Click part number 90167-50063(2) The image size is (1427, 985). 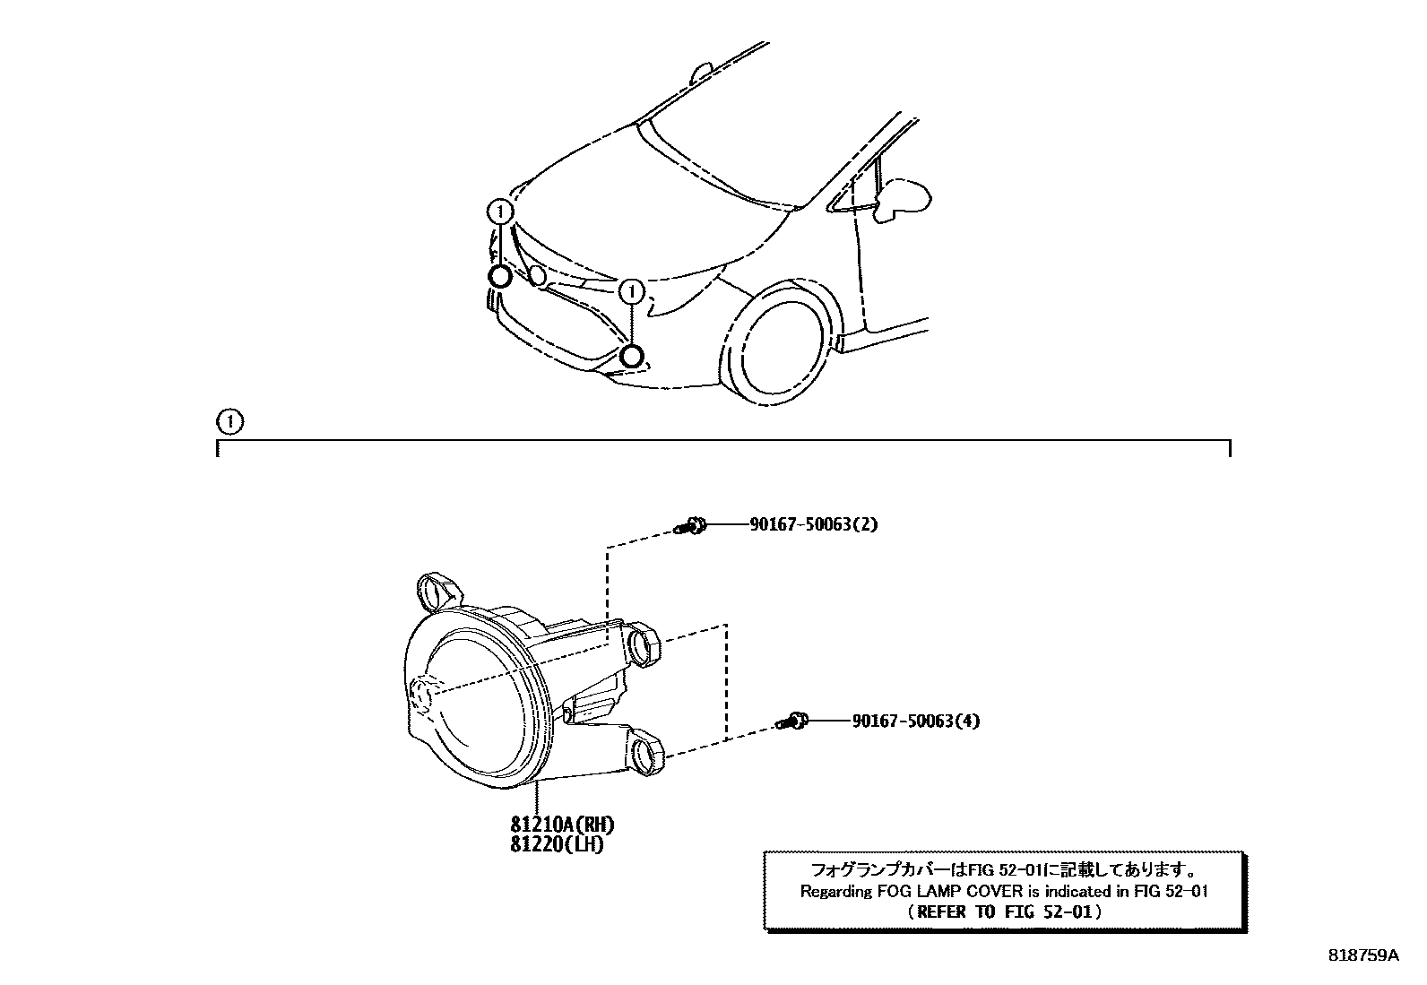click(x=813, y=524)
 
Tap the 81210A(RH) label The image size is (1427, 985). click(x=562, y=825)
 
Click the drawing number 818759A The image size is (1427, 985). click(x=1362, y=955)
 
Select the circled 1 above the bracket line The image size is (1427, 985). click(x=230, y=420)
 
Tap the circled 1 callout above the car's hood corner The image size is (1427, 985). click(x=500, y=212)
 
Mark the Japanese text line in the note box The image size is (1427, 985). click(x=1003, y=869)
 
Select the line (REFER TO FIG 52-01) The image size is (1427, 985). click(x=1003, y=912)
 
